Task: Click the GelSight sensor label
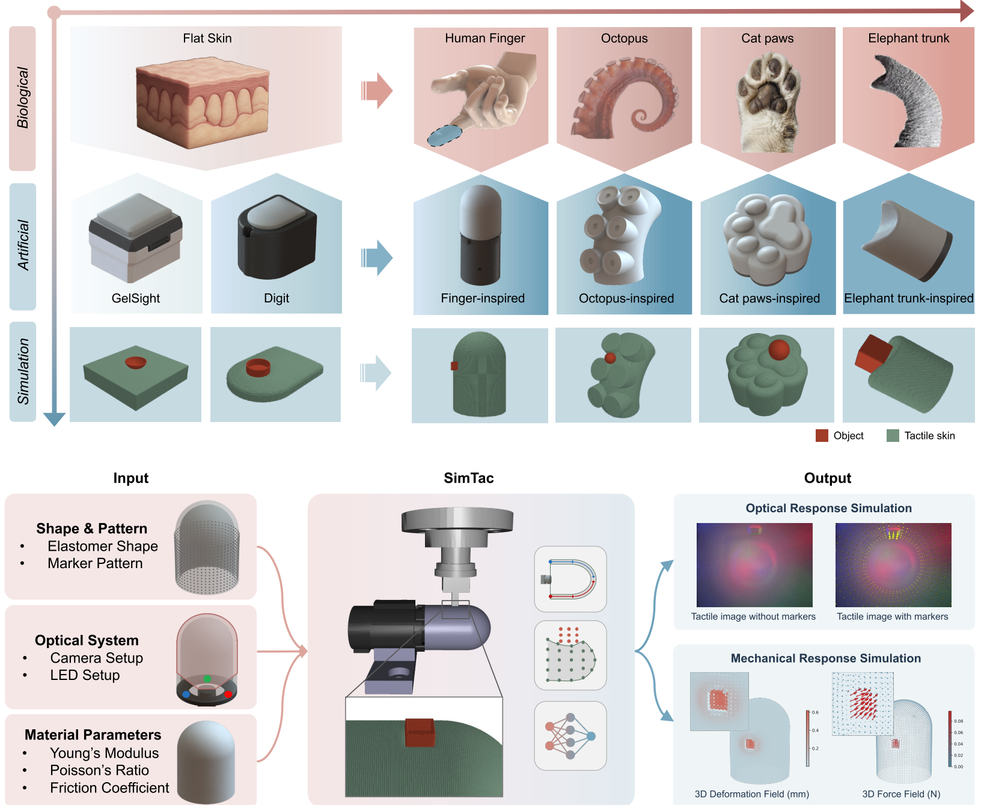136,298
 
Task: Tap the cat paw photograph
768,100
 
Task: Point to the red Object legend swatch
822,436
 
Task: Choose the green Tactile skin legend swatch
893,436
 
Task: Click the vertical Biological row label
23,97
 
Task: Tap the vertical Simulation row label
23,371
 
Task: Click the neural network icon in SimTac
570,736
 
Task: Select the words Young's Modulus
104,753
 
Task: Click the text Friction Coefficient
109,788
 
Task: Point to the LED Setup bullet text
85,675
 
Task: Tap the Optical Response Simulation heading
828,508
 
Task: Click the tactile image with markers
893,565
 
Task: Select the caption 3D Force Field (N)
901,794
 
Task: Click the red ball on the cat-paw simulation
779,349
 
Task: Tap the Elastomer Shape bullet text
103,546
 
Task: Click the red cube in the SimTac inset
420,732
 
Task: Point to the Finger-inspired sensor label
483,298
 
